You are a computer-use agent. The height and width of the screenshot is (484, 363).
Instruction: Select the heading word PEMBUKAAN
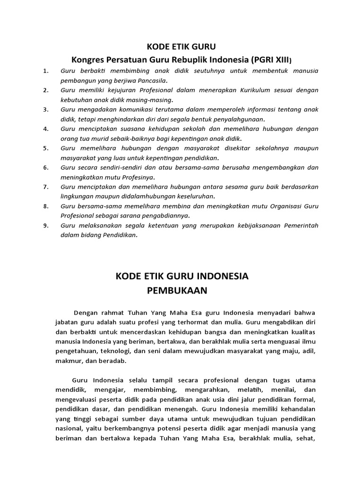pyautogui.click(x=177, y=291)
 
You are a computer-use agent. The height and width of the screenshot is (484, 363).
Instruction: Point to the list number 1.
pyautogui.click(x=45, y=71)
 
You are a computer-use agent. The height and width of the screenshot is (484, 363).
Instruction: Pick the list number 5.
pyautogui.click(x=45, y=148)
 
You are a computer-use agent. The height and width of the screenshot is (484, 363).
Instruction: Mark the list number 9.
pyautogui.click(x=45, y=225)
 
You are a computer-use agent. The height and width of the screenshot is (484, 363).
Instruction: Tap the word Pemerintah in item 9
pyautogui.click(x=301, y=225)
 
